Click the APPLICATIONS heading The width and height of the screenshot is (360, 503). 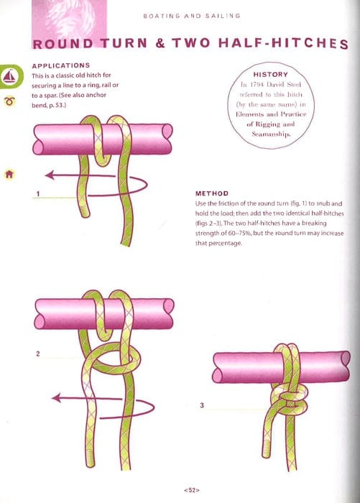click(61, 65)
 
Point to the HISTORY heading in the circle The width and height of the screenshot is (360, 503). click(271, 74)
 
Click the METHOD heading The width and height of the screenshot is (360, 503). click(212, 193)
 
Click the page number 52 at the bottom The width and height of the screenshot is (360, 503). click(190, 490)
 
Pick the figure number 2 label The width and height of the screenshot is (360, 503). click(37, 354)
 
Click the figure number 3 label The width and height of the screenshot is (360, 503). click(201, 405)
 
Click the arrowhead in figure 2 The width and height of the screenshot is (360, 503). click(55, 397)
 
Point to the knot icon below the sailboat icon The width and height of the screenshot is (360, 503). click(10, 101)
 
